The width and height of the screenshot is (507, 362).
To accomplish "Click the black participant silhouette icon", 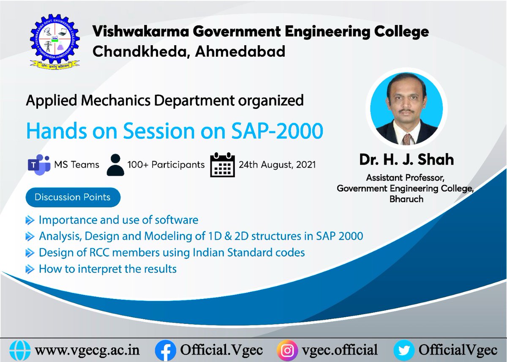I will (x=115, y=165).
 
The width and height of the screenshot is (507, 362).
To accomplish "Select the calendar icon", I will (x=222, y=164).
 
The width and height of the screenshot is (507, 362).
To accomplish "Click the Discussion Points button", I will (x=73, y=197).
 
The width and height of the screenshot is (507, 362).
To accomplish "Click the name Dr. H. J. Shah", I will (x=406, y=160).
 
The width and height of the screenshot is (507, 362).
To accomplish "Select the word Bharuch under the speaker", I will (x=406, y=198).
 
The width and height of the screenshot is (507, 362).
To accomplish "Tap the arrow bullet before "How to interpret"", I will (x=30, y=269).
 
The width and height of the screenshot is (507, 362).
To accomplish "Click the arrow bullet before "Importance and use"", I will (x=30, y=220).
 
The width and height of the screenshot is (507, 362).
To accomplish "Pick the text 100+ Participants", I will (x=166, y=165).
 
